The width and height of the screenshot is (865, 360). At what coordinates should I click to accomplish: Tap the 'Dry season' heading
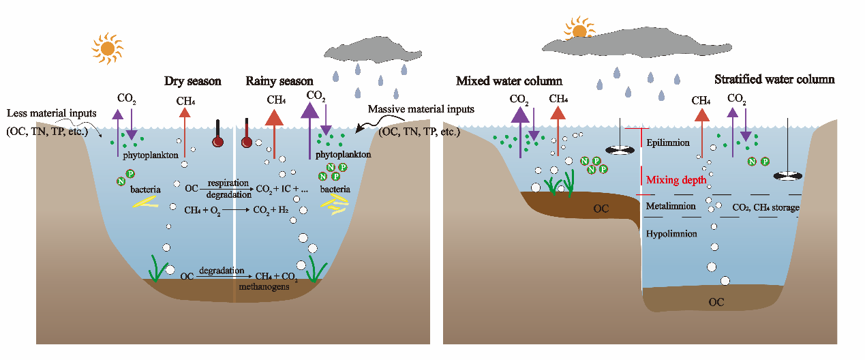pos(193,81)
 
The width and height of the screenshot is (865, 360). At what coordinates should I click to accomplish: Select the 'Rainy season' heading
pos(279,81)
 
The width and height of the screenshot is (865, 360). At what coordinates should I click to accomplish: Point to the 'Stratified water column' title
pos(774,79)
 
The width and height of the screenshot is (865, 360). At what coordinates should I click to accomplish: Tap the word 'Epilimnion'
pos(670,143)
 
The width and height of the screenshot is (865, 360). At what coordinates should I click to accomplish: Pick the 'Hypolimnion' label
pos(671,233)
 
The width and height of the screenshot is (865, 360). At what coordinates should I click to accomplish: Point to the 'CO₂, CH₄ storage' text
pos(765,207)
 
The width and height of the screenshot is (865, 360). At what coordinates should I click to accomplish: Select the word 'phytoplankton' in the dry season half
pos(152,155)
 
